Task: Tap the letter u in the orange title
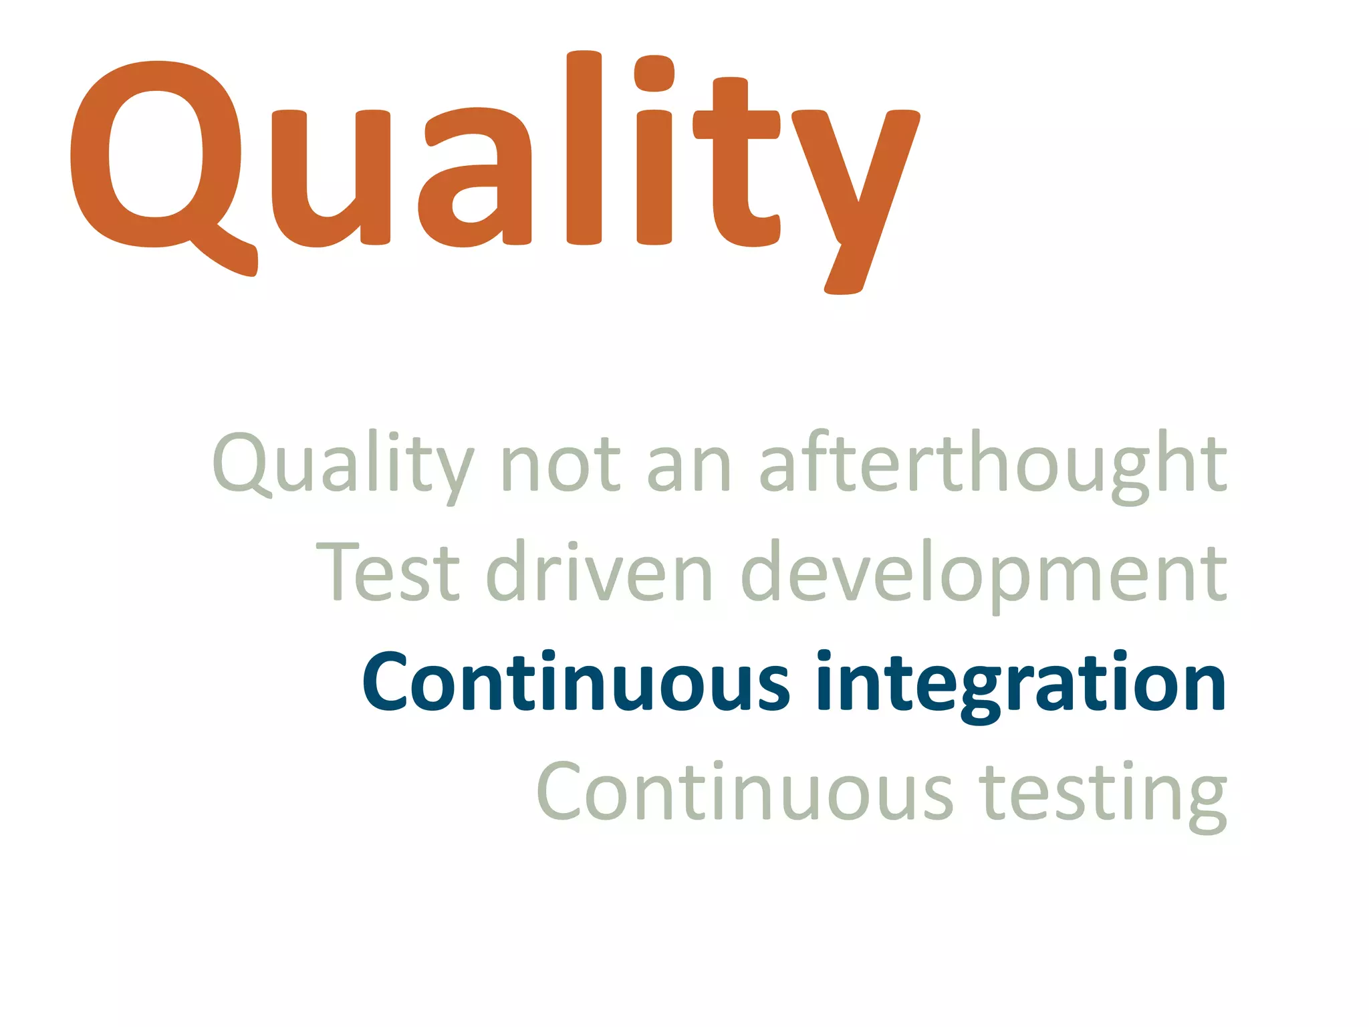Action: (x=331, y=178)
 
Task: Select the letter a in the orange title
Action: (x=475, y=178)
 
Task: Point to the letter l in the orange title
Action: (x=584, y=147)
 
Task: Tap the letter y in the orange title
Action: (x=856, y=194)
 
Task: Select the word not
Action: (x=560, y=464)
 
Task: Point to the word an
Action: (x=689, y=465)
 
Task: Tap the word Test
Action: (x=388, y=572)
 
